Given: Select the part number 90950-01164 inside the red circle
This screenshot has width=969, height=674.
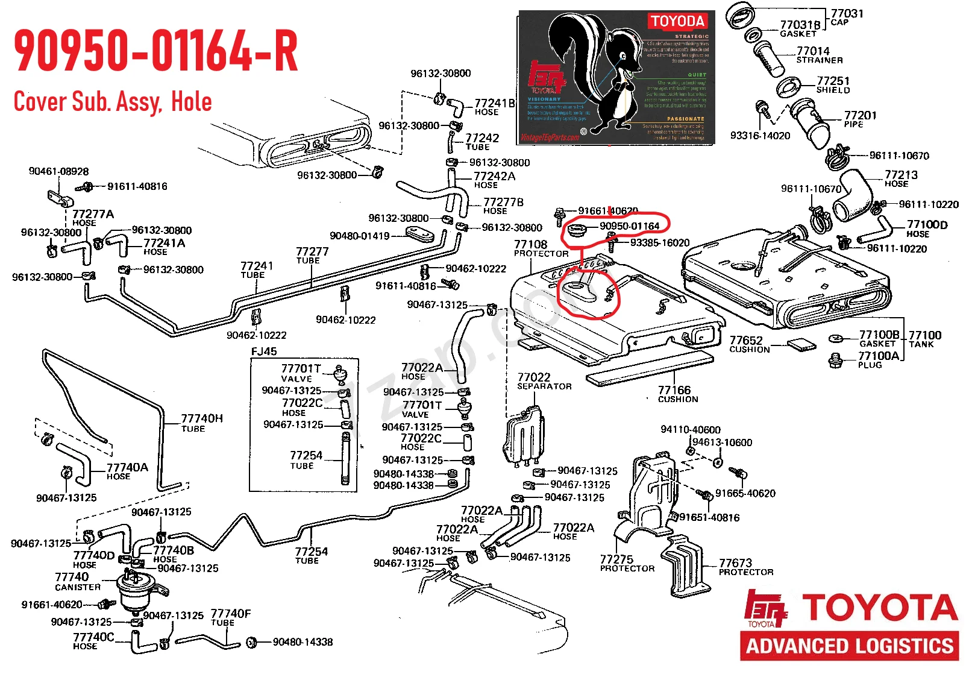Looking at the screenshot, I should point(629,226).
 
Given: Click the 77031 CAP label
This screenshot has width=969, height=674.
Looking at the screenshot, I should point(847,17).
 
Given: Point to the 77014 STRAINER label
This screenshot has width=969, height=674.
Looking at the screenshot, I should point(818,55).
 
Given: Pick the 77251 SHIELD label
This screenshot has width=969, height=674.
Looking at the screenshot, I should point(833,84).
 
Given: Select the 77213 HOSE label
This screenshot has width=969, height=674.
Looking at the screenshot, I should point(900,178).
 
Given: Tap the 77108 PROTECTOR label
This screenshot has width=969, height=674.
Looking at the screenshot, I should point(540,248).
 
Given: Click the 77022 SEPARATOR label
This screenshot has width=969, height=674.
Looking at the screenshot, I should point(544,381).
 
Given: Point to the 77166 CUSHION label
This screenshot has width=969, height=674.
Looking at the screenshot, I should point(677,394).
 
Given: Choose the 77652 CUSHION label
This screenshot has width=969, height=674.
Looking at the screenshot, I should point(749,344).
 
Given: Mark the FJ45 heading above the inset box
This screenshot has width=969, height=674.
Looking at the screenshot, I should point(264,351).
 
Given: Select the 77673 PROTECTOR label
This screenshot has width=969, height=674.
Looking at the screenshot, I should point(745,567).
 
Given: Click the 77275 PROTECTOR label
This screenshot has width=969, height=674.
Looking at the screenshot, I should point(627,563).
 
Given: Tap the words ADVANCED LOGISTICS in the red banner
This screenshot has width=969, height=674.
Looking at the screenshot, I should point(850,646).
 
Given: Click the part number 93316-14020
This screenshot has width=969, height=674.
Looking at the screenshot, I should point(760,136).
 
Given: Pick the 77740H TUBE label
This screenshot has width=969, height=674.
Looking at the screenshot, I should point(201,422).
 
